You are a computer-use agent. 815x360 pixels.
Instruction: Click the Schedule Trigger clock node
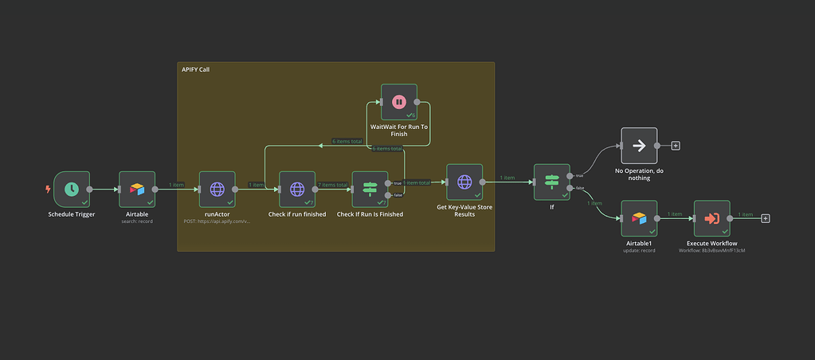click(72, 190)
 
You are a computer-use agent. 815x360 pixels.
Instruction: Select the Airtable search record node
click(137, 190)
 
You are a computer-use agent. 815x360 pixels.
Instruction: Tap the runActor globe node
click(217, 190)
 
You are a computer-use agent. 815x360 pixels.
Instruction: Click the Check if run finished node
click(297, 190)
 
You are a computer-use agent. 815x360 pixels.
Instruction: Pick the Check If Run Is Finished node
click(370, 190)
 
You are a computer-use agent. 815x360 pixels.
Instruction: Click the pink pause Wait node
click(399, 102)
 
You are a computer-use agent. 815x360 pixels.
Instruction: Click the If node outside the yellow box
click(551, 182)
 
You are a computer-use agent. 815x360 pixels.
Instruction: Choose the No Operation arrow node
click(639, 146)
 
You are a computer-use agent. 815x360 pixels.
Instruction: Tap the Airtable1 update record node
click(639, 218)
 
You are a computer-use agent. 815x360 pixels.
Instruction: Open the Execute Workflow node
click(711, 218)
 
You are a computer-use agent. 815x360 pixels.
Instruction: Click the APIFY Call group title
click(196, 70)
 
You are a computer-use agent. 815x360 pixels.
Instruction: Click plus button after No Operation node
click(676, 146)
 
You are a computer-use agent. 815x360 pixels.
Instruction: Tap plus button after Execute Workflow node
click(766, 218)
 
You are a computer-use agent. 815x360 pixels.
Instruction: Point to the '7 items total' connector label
click(333, 185)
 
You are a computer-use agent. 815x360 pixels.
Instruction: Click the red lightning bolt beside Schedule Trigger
click(49, 190)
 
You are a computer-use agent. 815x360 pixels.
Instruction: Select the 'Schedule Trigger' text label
click(72, 214)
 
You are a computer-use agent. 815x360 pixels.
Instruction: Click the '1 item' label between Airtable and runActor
click(177, 185)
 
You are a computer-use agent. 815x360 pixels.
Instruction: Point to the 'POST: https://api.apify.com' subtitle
click(217, 221)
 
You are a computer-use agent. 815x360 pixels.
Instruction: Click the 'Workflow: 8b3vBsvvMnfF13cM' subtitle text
click(711, 250)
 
